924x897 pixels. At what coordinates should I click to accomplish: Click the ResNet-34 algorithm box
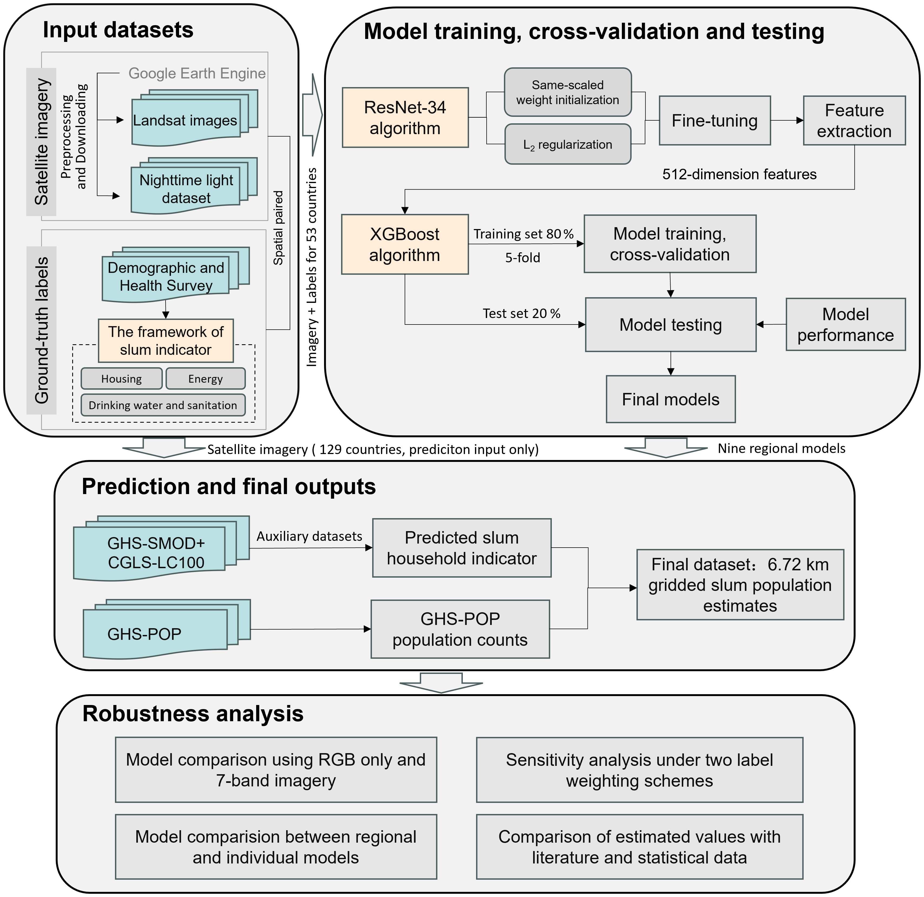(405, 117)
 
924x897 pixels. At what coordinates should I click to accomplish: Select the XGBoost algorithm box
(405, 244)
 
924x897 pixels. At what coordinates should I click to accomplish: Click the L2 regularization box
(567, 144)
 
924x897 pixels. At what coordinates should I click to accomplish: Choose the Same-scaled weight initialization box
(567, 92)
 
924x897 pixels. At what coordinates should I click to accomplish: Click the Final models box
(670, 399)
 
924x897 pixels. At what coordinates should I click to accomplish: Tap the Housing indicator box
(122, 379)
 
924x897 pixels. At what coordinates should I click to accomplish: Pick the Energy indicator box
(206, 379)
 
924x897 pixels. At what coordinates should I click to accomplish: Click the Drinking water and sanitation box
(163, 405)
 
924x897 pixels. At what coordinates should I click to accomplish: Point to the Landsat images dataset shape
(194, 118)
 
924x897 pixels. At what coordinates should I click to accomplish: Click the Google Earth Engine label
(197, 73)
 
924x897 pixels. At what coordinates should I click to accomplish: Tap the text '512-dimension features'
(739, 174)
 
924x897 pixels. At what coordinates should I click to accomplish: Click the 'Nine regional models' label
(781, 448)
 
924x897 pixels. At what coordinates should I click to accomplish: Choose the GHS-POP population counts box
(460, 629)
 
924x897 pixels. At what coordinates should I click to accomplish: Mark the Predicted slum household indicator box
(461, 548)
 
